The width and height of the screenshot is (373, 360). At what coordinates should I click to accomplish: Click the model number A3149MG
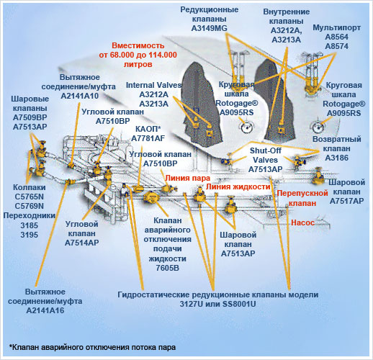209,28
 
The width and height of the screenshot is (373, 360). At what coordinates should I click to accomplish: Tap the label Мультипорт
336,27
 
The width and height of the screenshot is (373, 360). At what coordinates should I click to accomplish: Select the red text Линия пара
187,178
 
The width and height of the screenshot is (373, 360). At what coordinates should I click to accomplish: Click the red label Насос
302,222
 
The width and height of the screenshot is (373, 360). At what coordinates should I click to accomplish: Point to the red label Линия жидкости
238,186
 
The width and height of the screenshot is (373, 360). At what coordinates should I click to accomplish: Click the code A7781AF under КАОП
148,138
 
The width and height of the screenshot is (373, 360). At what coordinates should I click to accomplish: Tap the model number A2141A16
45,310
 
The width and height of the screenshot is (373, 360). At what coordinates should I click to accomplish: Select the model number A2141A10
80,96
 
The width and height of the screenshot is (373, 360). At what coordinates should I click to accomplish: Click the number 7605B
167,268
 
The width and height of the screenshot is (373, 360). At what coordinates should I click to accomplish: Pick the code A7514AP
82,243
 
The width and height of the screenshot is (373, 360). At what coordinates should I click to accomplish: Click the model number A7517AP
346,201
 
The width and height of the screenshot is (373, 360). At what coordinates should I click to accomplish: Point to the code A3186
336,158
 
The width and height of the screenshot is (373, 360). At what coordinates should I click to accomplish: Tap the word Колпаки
30,187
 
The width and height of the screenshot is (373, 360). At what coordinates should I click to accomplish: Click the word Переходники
30,215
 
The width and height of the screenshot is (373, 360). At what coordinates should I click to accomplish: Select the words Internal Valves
153,85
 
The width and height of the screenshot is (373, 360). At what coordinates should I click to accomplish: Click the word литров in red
138,64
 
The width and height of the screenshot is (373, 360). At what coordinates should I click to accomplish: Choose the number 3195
30,235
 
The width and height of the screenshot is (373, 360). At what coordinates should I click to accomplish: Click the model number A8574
336,46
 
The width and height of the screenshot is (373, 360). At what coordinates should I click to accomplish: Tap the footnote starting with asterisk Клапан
92,347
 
